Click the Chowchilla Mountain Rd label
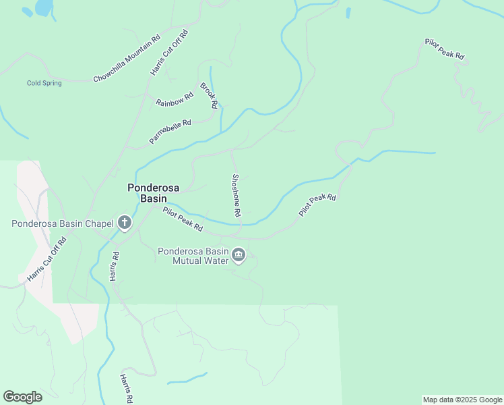pyautogui.click(x=127, y=59)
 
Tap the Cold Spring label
pyautogui.click(x=44, y=84)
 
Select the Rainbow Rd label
pyautogui.click(x=175, y=99)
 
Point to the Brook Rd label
pyautogui.click(x=209, y=96)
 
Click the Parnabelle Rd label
pyautogui.click(x=170, y=132)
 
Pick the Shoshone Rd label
pyautogui.click(x=237, y=194)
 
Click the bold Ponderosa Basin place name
pyautogui.click(x=154, y=193)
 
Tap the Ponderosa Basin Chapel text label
pyautogui.click(x=63, y=223)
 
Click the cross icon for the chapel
pyautogui.click(x=125, y=222)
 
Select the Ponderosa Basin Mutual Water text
pyautogui.click(x=193, y=255)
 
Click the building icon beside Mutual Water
pyautogui.click(x=239, y=255)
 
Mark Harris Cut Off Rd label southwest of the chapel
pyautogui.click(x=47, y=259)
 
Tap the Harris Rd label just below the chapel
pyautogui.click(x=116, y=266)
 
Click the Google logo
pyautogui.click(x=22, y=397)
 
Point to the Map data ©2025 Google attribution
pyautogui.click(x=462, y=400)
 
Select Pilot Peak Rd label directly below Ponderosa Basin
pyautogui.click(x=183, y=219)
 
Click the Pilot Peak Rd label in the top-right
pyautogui.click(x=445, y=49)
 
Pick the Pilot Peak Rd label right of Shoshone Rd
pyautogui.click(x=317, y=205)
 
